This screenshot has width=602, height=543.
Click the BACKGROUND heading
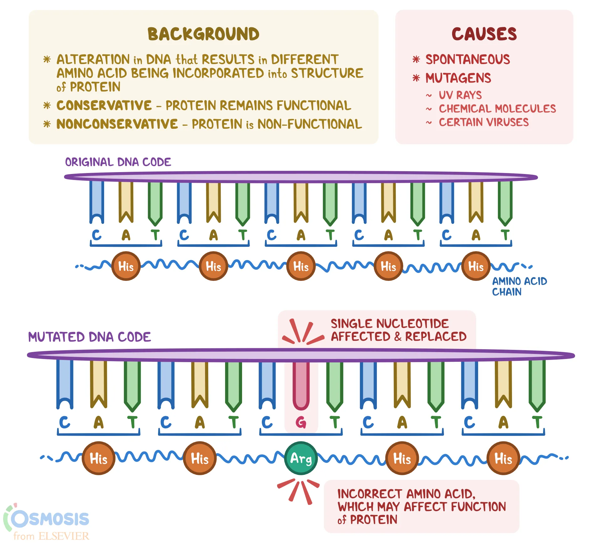point(203,34)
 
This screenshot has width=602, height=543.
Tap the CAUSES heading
point(484,34)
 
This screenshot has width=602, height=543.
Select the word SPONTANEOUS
point(467,59)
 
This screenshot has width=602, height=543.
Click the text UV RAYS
point(460,95)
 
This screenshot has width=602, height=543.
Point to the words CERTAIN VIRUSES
point(483,122)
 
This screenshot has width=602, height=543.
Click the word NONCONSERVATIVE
point(117,124)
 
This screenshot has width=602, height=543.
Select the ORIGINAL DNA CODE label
point(118,162)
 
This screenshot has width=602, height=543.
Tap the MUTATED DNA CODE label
point(89,337)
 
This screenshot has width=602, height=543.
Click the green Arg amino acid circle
point(301,458)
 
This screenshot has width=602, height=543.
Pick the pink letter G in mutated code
point(301,422)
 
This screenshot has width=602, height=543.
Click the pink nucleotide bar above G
point(301,385)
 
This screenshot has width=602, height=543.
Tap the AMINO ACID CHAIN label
point(519,286)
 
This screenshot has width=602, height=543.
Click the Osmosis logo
point(47,521)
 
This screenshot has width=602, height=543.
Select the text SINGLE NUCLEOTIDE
point(389,323)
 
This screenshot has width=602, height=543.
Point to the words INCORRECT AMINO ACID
point(406,494)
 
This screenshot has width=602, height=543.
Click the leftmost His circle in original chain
point(126,266)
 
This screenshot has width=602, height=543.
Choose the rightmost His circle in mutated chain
point(503,458)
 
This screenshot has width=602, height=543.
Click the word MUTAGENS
point(458,78)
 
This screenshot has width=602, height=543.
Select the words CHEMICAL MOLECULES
point(497,109)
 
